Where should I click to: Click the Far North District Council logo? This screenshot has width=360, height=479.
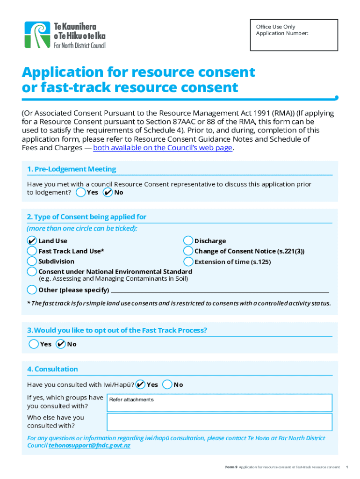[65, 35]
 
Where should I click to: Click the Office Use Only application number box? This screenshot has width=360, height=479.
[293, 35]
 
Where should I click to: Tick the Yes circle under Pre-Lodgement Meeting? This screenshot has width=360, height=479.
[80, 192]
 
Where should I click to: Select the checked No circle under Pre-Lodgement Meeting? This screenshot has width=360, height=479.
[108, 192]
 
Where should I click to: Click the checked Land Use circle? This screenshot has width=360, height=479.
[32, 240]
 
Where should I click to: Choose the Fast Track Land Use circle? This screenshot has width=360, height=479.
[32, 251]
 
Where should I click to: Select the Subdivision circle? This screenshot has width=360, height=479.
[32, 261]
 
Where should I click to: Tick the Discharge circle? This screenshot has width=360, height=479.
[188, 240]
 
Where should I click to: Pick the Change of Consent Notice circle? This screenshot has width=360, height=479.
[188, 251]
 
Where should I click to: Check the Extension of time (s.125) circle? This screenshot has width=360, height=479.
[188, 261]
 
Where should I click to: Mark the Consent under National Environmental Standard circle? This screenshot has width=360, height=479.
[32, 271]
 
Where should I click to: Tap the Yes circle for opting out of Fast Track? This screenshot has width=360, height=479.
[34, 344]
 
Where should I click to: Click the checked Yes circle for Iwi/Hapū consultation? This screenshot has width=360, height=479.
[140, 385]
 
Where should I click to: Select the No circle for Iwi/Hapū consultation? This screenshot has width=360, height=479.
[167, 385]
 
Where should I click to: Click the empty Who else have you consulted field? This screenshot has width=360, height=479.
[219, 422]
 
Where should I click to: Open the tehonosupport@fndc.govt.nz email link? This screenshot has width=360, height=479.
[89, 446]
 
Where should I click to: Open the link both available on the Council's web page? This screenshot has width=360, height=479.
[163, 148]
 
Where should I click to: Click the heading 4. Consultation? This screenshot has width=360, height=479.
[52, 369]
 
